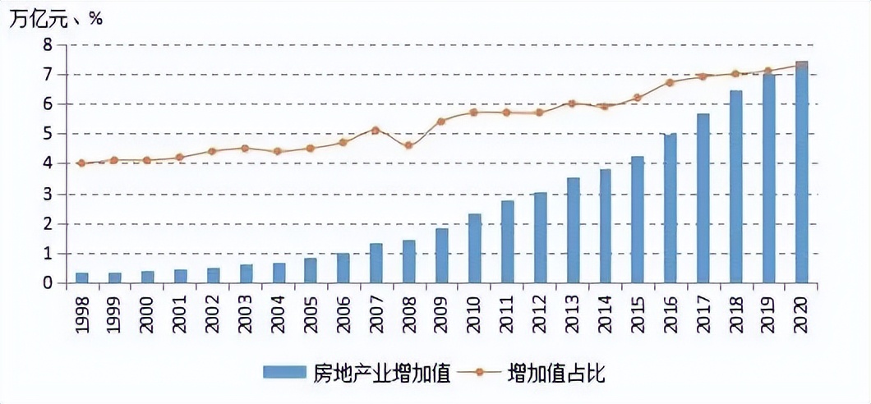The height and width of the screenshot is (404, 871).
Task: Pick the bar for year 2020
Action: coord(801,172)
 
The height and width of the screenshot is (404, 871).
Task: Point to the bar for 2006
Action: coord(343,269)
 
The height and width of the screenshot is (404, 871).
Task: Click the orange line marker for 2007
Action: coord(376,130)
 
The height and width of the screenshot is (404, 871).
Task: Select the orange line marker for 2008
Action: coord(408,145)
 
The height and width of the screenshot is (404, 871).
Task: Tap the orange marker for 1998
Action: coord(81,163)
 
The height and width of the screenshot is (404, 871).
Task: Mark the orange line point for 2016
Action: coord(670,82)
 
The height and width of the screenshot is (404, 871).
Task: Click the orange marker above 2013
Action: coord(572,103)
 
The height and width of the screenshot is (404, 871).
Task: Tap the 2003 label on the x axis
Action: coord(246,314)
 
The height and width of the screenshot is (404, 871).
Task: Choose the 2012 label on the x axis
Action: coord(540,314)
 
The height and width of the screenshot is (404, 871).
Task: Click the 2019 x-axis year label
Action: coord(768,314)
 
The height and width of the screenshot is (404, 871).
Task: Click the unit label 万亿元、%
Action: coord(56,19)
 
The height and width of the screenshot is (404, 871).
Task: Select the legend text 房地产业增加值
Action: coord(382,374)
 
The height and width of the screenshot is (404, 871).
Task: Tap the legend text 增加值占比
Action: coord(556,374)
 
